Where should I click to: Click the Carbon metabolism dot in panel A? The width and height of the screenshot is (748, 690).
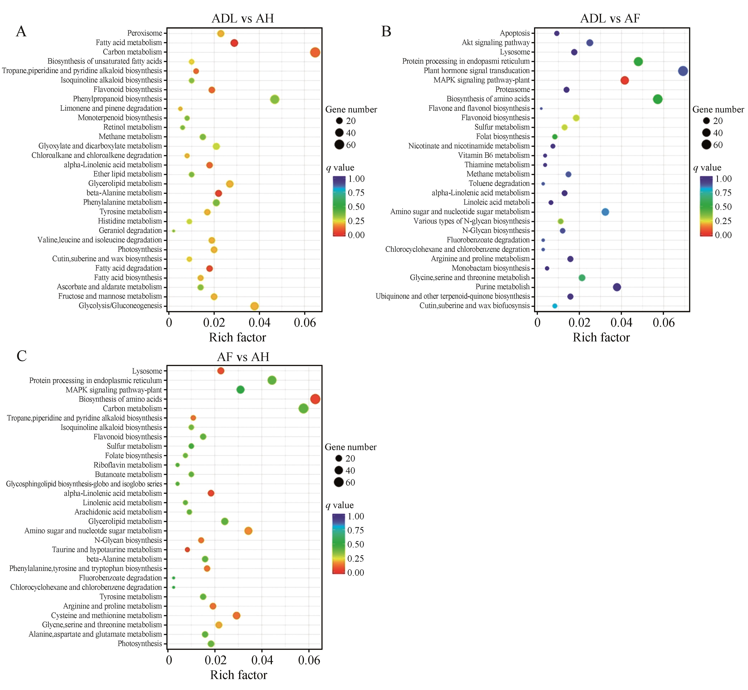[x=315, y=52]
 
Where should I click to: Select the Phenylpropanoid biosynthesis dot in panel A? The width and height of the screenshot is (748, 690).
[x=275, y=99]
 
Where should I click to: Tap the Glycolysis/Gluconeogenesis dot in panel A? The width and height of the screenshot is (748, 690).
[x=254, y=306]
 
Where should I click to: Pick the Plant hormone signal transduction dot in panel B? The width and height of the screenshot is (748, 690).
[x=683, y=71]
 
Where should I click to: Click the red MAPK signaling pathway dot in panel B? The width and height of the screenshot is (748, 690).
[x=625, y=80]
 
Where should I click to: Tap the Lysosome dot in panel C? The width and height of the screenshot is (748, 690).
[x=221, y=371]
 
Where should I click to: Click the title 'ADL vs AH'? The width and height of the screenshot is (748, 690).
[x=243, y=18]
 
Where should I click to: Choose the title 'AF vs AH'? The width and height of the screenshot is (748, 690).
[x=243, y=357]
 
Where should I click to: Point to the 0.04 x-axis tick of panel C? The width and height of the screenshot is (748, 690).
[x=262, y=660]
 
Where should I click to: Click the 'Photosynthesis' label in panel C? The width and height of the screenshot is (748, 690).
[x=140, y=643]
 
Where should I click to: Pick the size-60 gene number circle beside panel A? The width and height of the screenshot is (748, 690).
[x=339, y=145]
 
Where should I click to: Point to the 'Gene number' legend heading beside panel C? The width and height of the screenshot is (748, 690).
[x=351, y=447]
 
